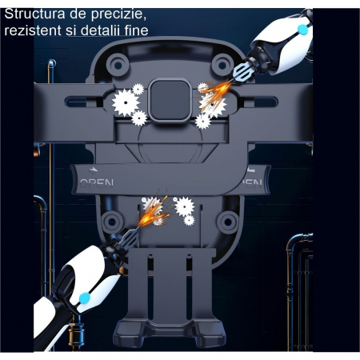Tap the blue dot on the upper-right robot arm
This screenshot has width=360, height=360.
pyautogui.click(x=302, y=29)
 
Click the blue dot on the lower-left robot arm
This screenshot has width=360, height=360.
pyautogui.click(x=84, y=298)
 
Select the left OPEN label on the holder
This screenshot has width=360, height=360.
pyautogui.click(x=95, y=182)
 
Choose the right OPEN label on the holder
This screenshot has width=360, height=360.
pyautogui.click(x=252, y=182)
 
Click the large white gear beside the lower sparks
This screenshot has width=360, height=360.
pyautogui.click(x=185, y=206)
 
